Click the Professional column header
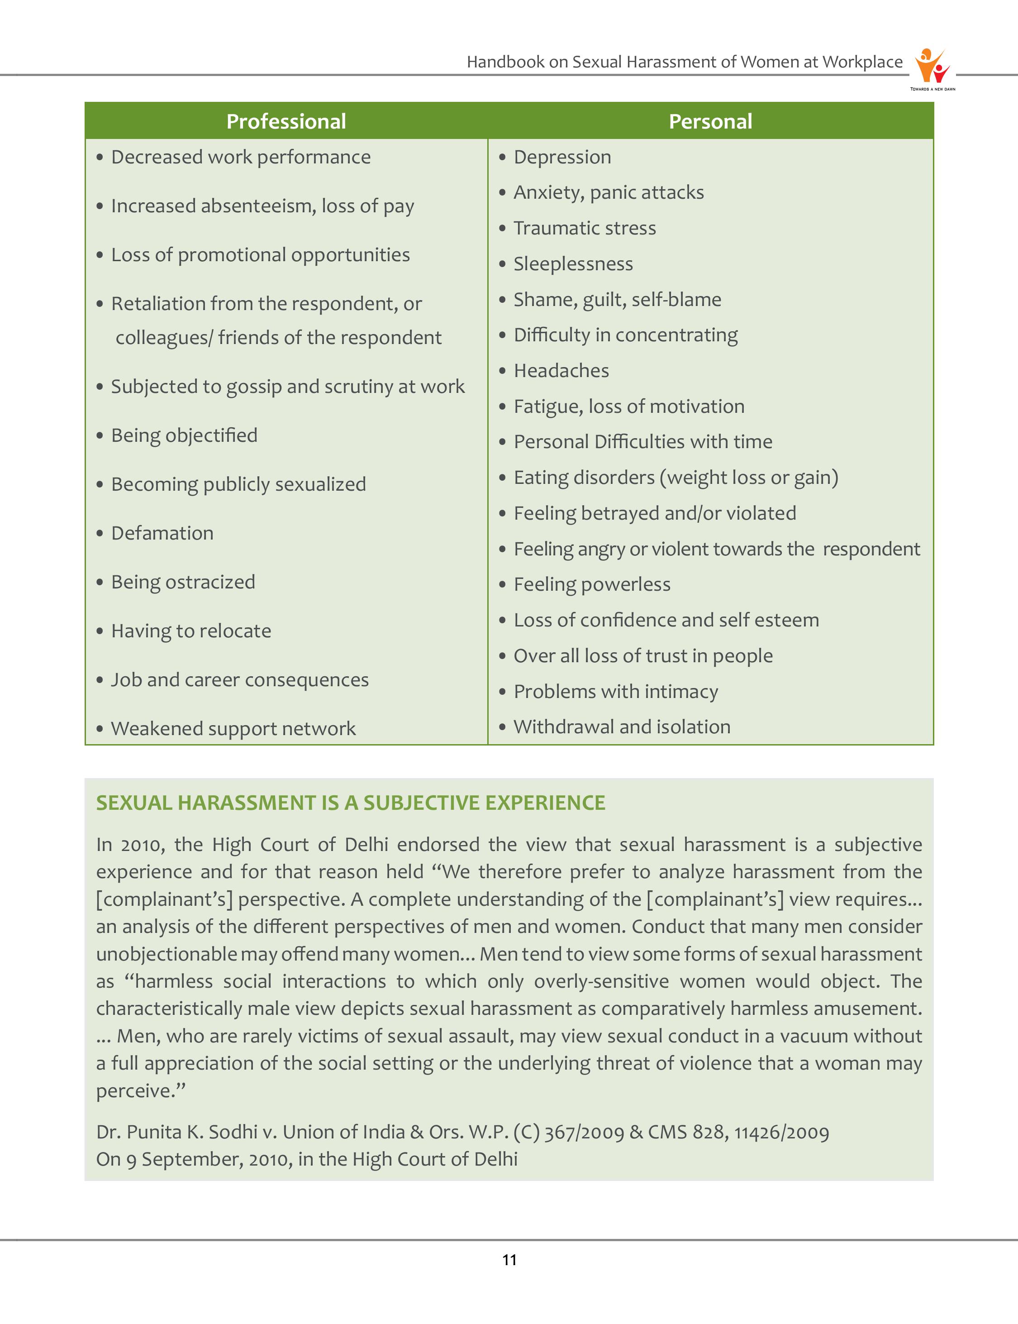(286, 121)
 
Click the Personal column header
(710, 121)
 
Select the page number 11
(509, 1260)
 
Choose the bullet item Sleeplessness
(573, 264)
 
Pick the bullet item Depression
(562, 158)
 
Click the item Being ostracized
(183, 583)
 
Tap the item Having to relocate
(191, 631)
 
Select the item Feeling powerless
(592, 585)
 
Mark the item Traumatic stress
(585, 229)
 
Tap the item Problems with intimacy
(616, 692)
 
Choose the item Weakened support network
(233, 729)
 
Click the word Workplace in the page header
(862, 62)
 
